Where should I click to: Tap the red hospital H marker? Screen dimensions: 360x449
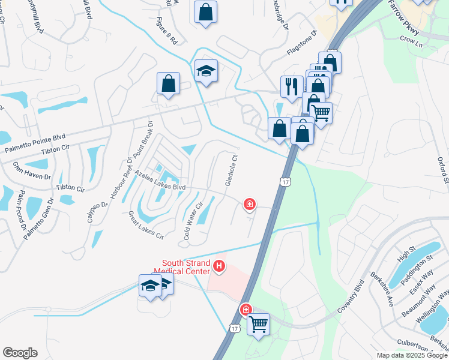220,265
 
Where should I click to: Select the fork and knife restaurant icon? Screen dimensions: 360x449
291,86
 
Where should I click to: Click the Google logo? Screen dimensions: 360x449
20,353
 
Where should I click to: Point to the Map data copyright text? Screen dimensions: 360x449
411,355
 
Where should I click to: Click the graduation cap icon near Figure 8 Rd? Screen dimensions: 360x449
206,71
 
